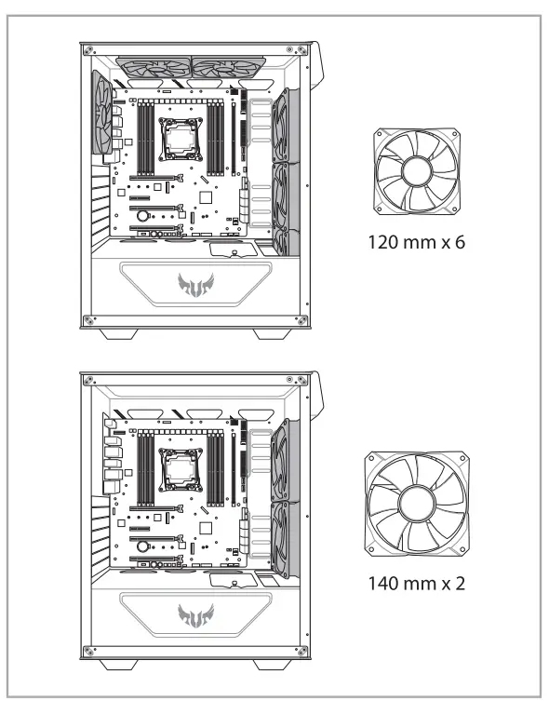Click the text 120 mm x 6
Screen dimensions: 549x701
(416, 242)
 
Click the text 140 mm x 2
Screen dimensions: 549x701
(416, 584)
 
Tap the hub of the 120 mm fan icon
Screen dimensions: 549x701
(417, 171)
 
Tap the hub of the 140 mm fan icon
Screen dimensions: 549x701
(417, 504)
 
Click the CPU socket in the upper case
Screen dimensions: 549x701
(181, 139)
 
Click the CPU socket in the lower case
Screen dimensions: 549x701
(181, 470)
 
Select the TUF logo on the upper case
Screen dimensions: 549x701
(195, 285)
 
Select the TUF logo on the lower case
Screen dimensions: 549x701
(195, 615)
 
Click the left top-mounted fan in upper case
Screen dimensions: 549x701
(154, 68)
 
